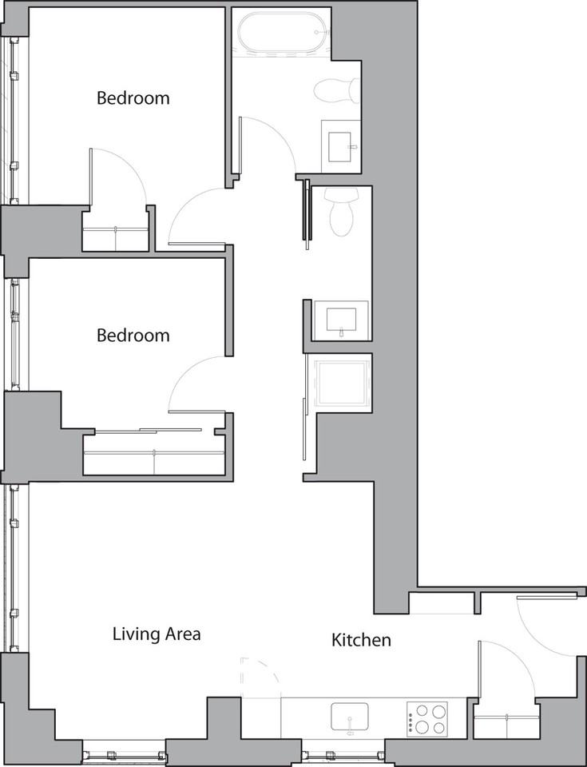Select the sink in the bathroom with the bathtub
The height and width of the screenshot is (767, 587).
[340, 145]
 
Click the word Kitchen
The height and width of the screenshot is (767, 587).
[361, 640]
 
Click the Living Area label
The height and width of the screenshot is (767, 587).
[156, 634]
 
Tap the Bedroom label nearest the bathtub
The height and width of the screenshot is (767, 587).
[133, 98]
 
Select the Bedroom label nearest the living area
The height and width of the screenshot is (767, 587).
[133, 335]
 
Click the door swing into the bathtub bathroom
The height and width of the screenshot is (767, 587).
[268, 145]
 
